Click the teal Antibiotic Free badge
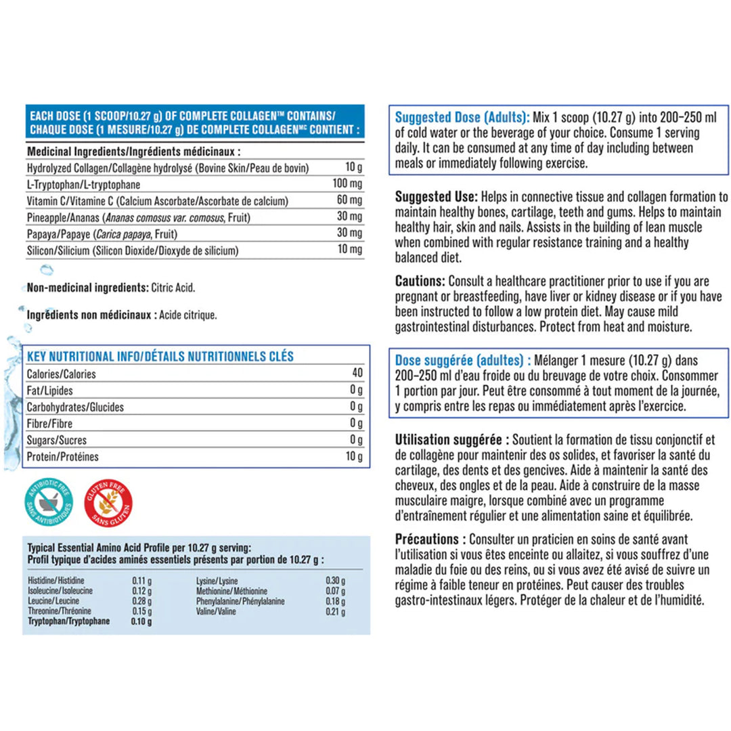[48, 502]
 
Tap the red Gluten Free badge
[108, 502]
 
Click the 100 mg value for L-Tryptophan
[348, 184]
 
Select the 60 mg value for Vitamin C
[350, 201]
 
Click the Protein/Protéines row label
[62, 457]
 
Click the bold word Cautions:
[420, 280]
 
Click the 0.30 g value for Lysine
[335, 581]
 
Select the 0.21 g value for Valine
[335, 612]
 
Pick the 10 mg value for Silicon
[350, 250]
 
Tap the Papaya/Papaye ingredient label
[61, 234]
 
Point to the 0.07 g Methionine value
[335, 591]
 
